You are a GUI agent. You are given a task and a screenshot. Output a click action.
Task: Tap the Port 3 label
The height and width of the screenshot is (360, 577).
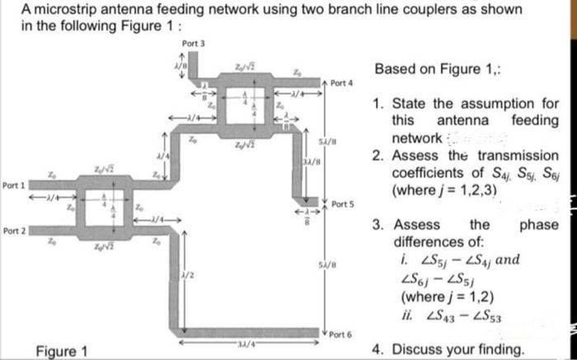coord(191,43)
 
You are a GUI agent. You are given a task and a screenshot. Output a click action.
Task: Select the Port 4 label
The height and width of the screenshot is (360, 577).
coord(341,83)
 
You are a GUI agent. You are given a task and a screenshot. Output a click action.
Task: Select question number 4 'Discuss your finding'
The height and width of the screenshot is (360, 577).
coord(448,349)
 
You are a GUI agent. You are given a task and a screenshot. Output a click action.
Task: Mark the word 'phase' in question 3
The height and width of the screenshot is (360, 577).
coord(539,224)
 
